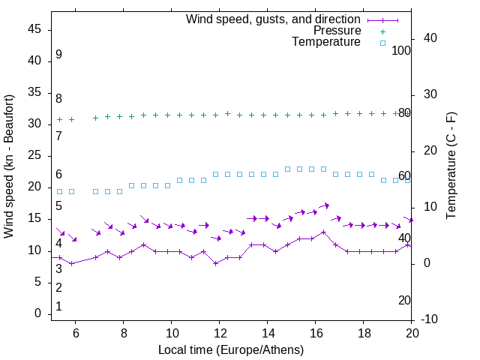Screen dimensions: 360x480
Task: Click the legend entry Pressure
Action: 337,31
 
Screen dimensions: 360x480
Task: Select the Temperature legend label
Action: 326,42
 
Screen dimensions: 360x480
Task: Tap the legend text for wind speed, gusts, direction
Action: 274,19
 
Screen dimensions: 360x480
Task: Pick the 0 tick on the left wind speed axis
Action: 38,313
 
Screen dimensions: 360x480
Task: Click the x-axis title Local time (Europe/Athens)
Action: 231,349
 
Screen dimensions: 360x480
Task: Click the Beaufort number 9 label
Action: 58,55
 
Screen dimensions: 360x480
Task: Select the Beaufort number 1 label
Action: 58,307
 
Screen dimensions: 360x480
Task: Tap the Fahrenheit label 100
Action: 402,50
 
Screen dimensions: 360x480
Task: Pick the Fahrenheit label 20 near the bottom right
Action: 404,301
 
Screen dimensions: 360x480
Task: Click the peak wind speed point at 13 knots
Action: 324,232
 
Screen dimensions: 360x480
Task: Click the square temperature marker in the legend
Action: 382,43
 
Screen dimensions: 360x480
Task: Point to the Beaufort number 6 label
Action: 58,175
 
